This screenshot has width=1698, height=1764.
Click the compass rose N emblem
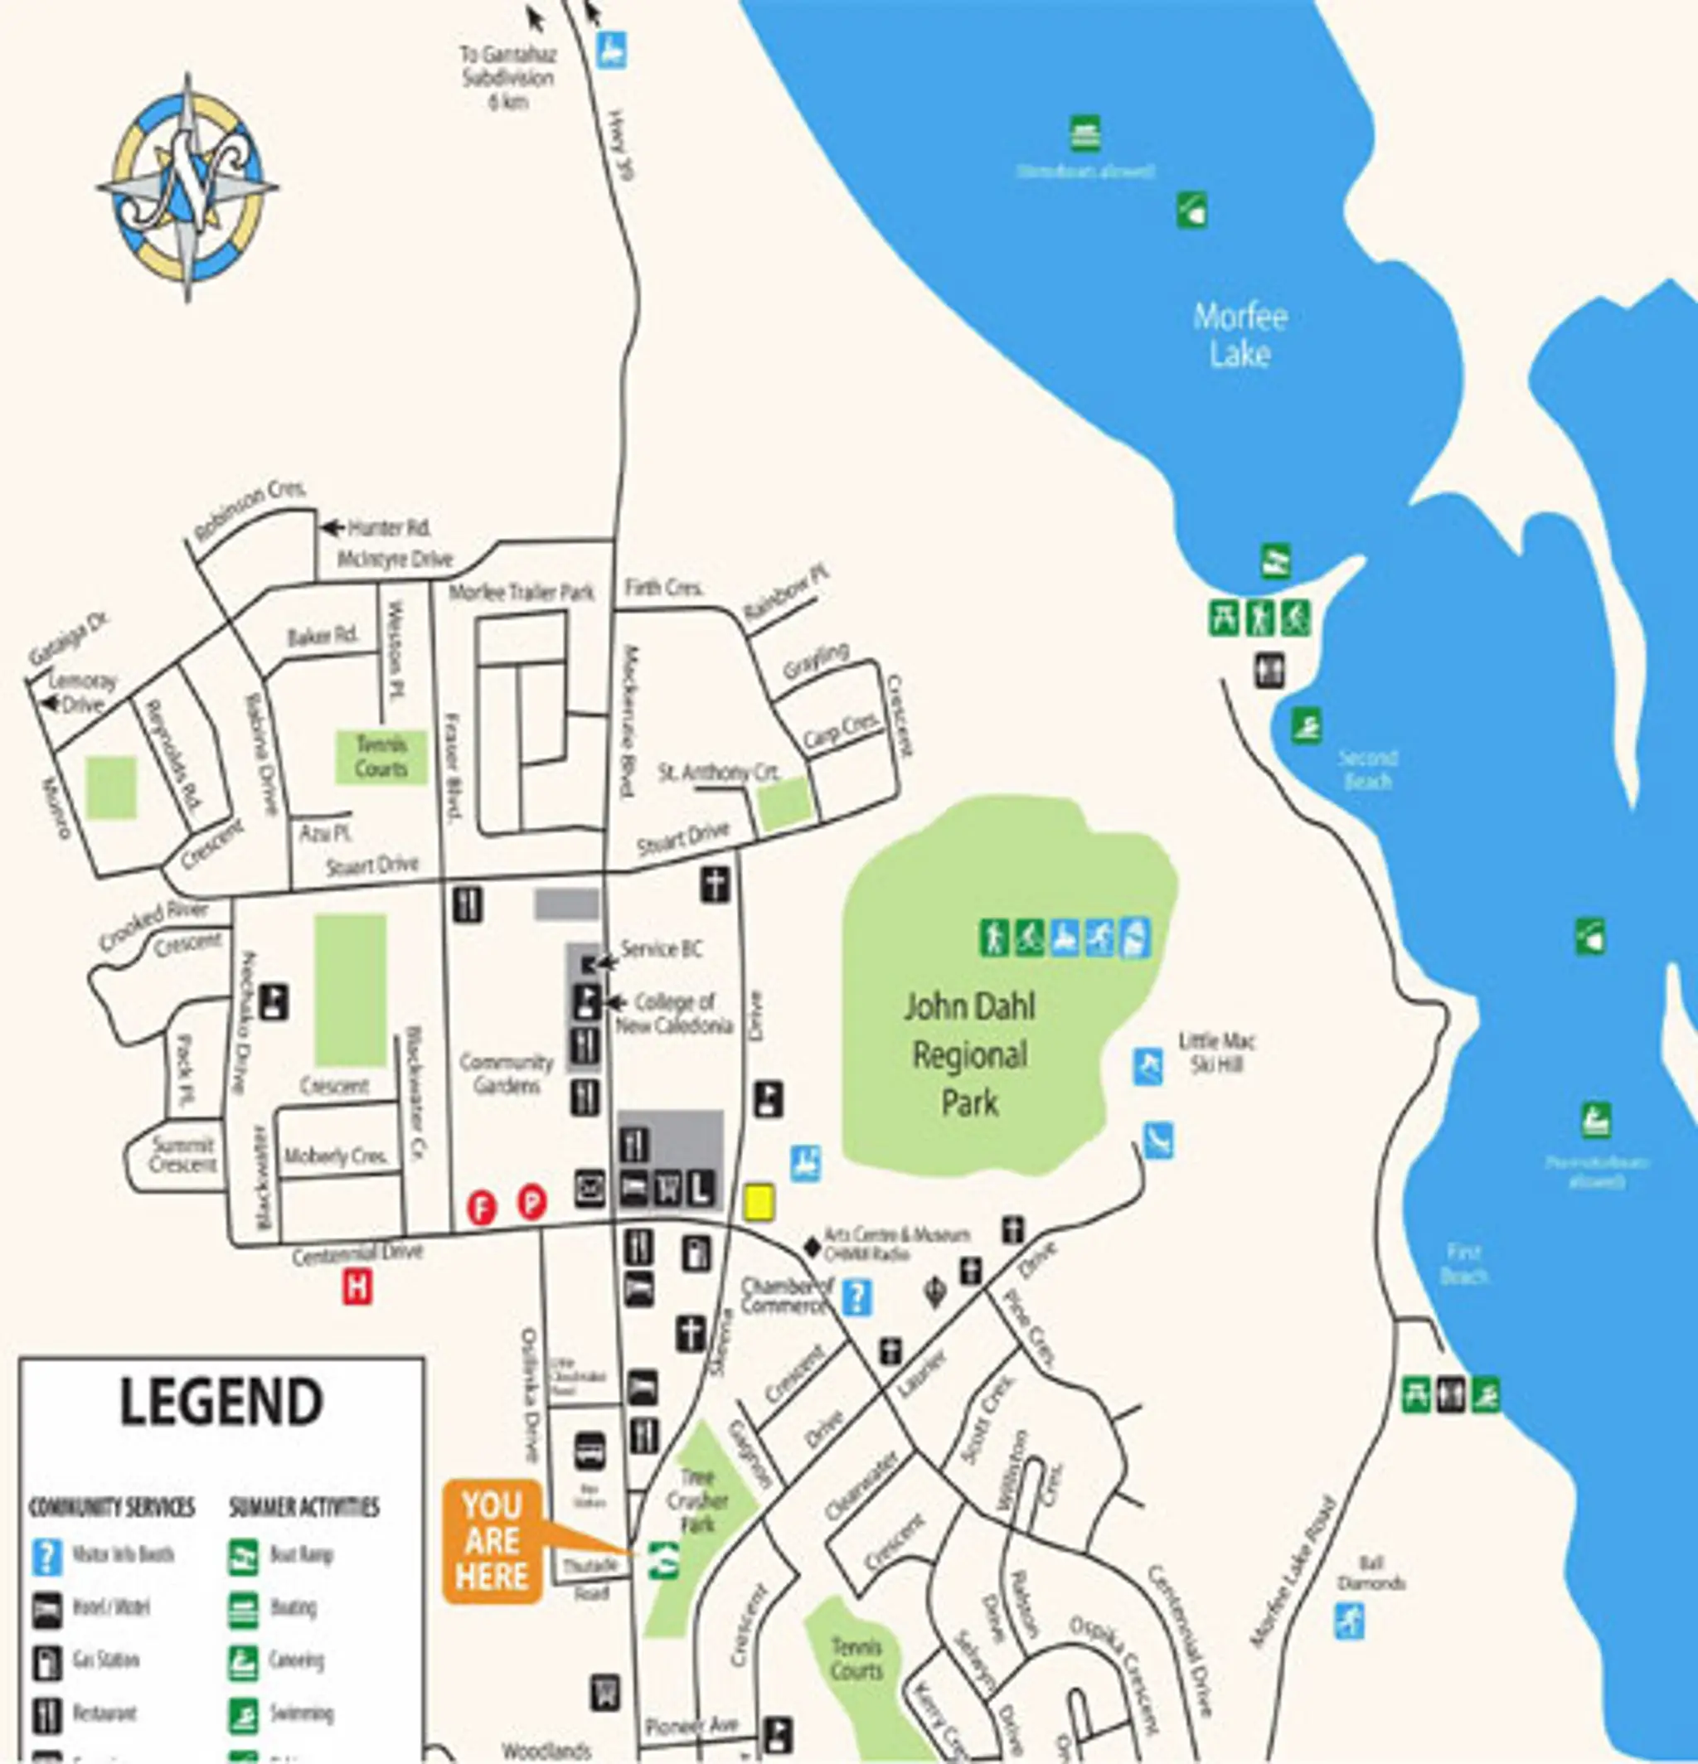pos(187,187)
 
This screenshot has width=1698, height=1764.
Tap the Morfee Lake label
pos(1240,335)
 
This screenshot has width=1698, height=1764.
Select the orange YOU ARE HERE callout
pos(492,1541)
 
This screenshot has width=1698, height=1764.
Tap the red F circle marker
pos(482,1207)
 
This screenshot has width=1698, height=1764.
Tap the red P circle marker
pos(532,1203)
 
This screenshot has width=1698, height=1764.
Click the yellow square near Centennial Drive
pos(759,1203)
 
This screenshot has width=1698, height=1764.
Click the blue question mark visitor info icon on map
pos(856,1297)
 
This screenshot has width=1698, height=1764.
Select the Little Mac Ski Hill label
pos(1216,1053)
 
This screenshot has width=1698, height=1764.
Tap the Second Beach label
pos(1367,769)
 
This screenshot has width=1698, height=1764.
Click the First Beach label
pos(1464,1263)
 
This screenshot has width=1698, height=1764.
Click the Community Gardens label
pos(506,1073)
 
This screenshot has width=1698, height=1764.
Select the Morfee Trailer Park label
pos(522,592)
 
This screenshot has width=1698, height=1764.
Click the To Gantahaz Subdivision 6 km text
pos(507,78)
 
